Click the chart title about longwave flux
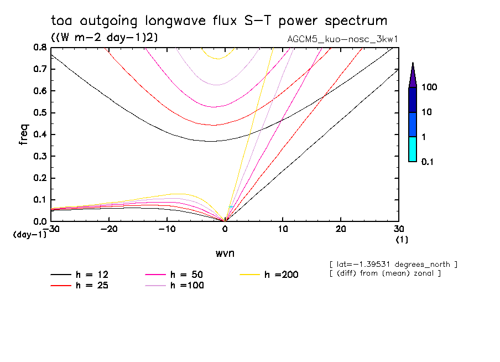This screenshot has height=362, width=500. point(218,21)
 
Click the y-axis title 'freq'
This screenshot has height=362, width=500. point(24,135)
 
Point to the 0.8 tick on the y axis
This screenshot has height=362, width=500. point(40,48)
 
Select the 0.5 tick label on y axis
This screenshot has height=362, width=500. point(40,113)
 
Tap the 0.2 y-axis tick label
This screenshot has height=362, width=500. point(40,178)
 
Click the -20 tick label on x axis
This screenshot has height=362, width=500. point(110,229)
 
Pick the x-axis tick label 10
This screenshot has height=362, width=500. point(283,229)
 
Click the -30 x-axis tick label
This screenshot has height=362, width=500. point(51,229)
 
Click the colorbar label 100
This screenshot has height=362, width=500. point(429,87)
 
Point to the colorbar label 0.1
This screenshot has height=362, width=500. point(427,162)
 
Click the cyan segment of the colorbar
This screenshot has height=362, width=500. point(413,149)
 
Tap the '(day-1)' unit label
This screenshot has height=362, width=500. point(29,235)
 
